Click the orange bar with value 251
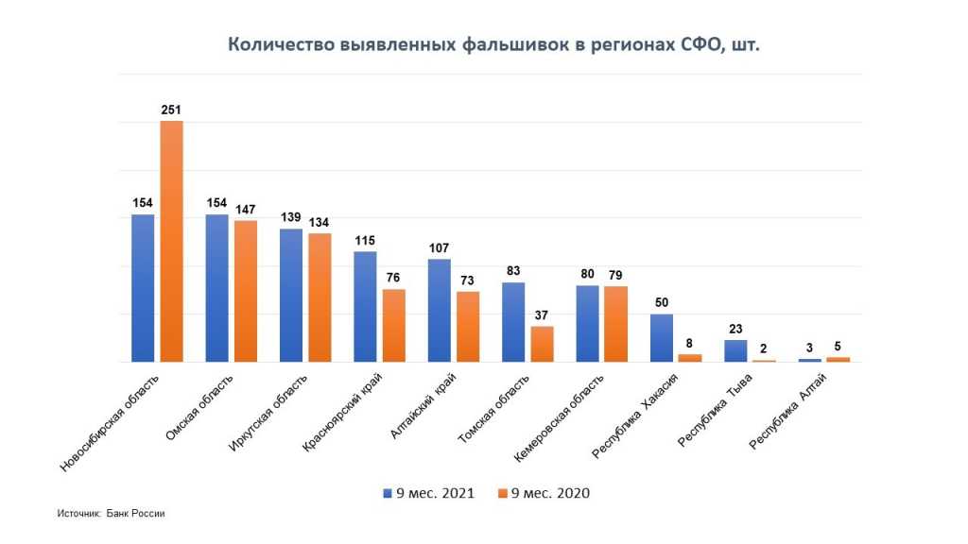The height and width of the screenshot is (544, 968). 171,241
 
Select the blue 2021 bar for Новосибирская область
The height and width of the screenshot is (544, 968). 143,288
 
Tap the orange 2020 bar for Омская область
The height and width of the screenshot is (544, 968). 245,291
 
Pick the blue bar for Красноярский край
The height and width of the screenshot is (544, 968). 365,306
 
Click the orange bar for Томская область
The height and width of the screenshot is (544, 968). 542,344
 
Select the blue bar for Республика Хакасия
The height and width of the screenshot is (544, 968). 662,337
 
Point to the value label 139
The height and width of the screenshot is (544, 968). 291,217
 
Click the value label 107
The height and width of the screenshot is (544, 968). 439,247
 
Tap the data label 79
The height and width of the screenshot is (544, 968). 615,275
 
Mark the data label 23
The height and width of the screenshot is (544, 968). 735,329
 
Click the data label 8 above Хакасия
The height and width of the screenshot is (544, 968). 690,343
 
